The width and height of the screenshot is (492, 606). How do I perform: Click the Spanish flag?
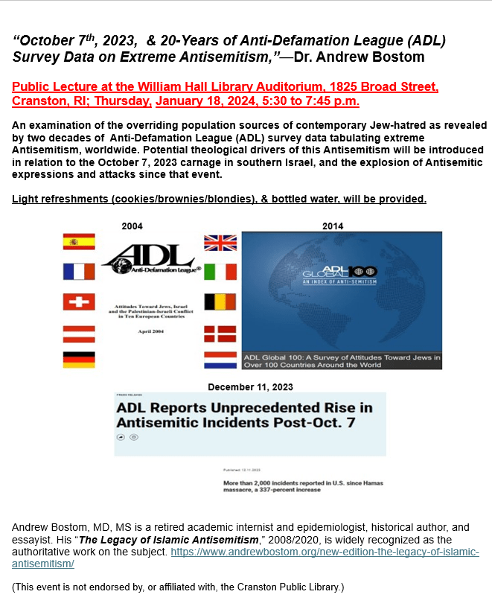point(78,242)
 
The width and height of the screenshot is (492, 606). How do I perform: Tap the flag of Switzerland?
point(78,303)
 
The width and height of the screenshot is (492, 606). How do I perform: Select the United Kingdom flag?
point(220,243)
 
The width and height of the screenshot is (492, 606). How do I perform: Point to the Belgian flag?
point(220,303)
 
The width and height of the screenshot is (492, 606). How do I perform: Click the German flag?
point(78,360)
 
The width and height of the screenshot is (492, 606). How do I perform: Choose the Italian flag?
point(220,272)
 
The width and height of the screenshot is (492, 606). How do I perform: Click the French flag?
point(78,272)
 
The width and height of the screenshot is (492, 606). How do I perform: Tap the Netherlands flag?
point(220,360)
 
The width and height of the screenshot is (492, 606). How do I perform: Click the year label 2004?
point(132,226)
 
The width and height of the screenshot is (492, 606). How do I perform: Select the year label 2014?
point(333,226)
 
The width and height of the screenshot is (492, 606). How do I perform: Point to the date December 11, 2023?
point(250,387)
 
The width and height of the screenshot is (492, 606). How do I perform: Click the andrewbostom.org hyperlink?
point(325,552)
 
